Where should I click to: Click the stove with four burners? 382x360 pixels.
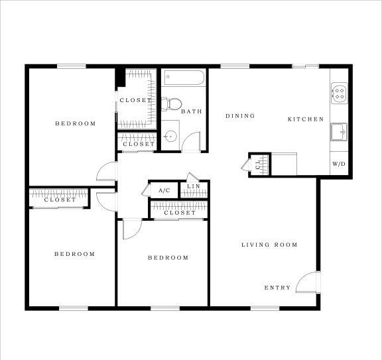pyautogui.click(x=340, y=93)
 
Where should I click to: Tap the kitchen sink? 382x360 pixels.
pyautogui.click(x=339, y=132)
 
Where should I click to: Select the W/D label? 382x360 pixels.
pyautogui.click(x=338, y=163)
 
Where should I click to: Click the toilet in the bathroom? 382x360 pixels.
pyautogui.click(x=172, y=103)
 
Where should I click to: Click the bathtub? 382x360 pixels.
pyautogui.click(x=184, y=78)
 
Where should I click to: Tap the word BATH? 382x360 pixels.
pyautogui.click(x=191, y=111)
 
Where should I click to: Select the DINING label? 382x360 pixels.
pyautogui.click(x=240, y=116)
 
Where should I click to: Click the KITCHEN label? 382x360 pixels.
pyautogui.click(x=305, y=119)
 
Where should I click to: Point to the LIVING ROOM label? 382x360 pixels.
pyautogui.click(x=269, y=245)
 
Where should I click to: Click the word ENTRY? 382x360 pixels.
pyautogui.click(x=277, y=288)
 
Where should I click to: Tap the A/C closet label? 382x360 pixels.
pyautogui.click(x=164, y=190)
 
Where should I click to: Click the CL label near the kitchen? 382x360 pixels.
pyautogui.click(x=257, y=165)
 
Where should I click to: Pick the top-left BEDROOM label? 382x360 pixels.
pyautogui.click(x=75, y=123)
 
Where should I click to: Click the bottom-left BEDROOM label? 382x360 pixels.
pyautogui.click(x=74, y=254)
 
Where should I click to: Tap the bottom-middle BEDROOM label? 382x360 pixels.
pyautogui.click(x=168, y=258)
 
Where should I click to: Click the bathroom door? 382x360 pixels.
pyautogui.click(x=192, y=142)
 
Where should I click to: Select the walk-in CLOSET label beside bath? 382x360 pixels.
pyautogui.click(x=135, y=100)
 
